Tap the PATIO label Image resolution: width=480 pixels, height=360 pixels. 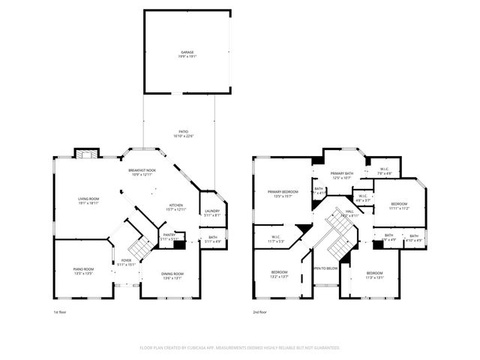coord(179,133)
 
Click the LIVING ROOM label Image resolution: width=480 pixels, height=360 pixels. coord(88,200)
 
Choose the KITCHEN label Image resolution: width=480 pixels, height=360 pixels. coord(175,206)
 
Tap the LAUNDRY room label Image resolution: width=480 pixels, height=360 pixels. coord(212,212)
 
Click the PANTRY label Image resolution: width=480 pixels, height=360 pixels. coord(169,236)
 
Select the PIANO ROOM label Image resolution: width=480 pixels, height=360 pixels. coord(83,270)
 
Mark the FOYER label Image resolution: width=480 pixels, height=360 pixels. coord(126,262)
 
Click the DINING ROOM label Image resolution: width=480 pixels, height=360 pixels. coord(172,274)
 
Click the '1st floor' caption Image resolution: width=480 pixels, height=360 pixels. coord(61,311)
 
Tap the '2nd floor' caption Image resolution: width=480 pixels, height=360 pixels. coord(260,311)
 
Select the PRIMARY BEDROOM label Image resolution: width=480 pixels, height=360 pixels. coord(283,193)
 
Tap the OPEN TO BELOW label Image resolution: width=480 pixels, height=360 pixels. coord(325,268)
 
